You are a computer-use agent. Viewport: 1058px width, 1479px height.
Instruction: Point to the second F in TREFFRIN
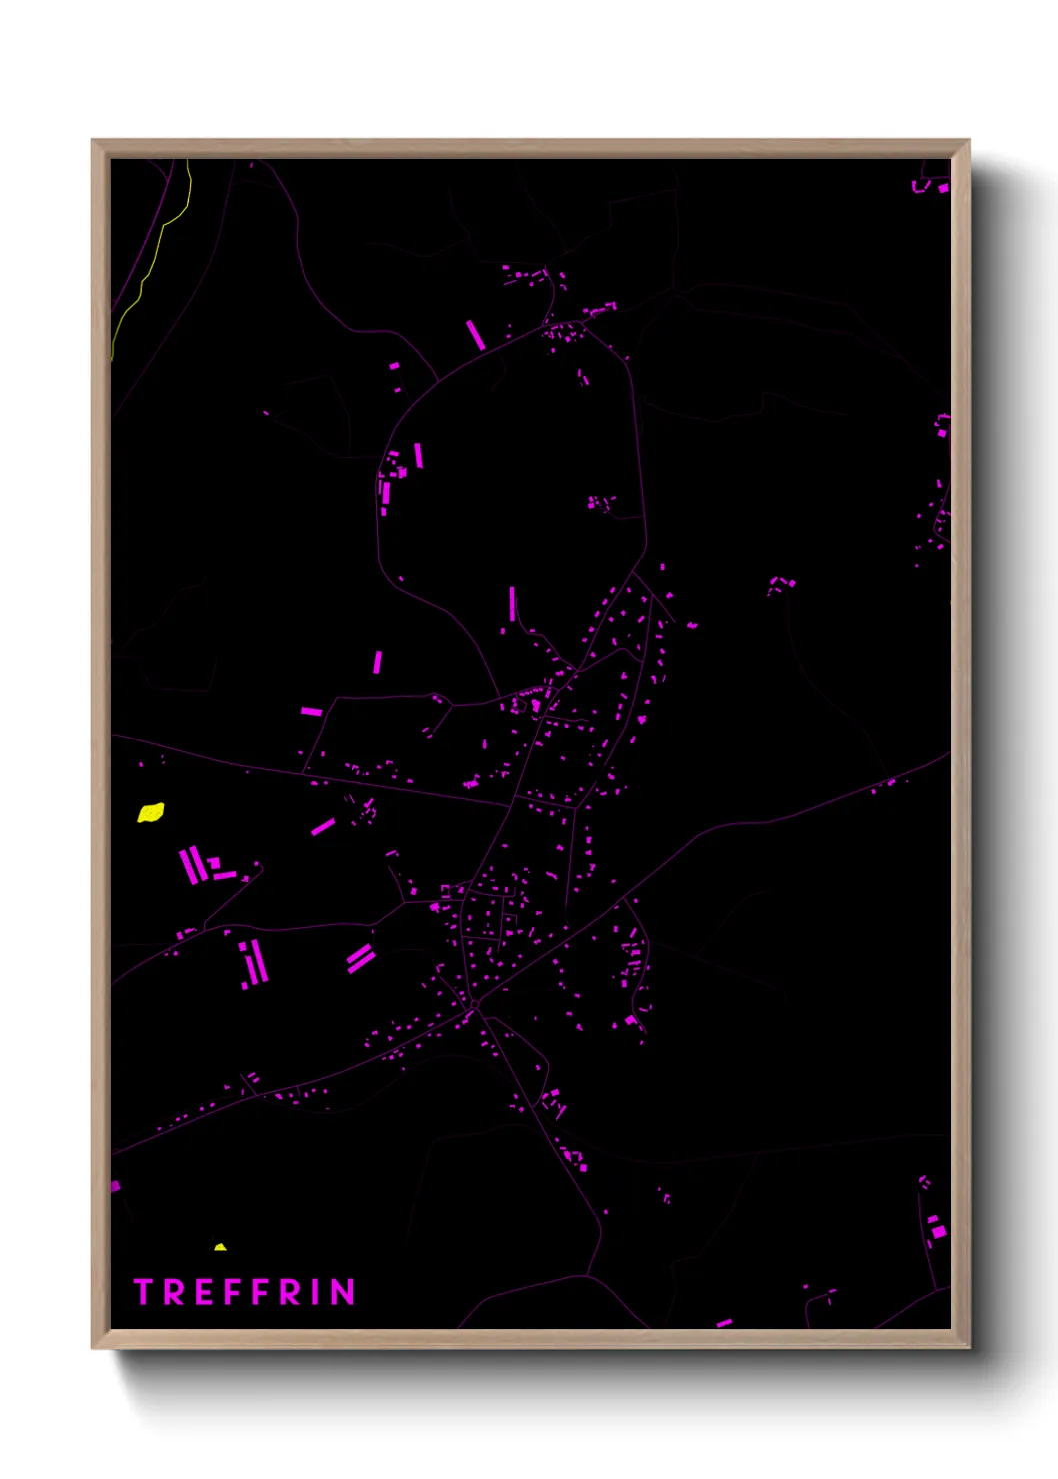click(258, 1292)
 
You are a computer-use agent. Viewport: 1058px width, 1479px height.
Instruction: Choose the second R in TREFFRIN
click(288, 1292)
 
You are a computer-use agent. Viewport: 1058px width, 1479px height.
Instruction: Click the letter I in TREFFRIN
click(315, 1292)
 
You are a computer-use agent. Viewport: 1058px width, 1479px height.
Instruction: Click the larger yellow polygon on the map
click(151, 812)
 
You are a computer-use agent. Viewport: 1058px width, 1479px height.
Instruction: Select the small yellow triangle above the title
click(220, 1247)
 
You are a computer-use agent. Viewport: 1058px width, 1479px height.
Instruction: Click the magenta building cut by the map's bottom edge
click(724, 1323)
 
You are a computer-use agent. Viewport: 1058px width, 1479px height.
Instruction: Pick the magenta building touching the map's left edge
click(115, 1186)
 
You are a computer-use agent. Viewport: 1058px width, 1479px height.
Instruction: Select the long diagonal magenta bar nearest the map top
click(476, 335)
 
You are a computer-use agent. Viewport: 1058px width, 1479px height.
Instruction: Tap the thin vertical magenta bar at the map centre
click(512, 604)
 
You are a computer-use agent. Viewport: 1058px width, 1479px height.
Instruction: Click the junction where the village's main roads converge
click(474, 1002)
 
